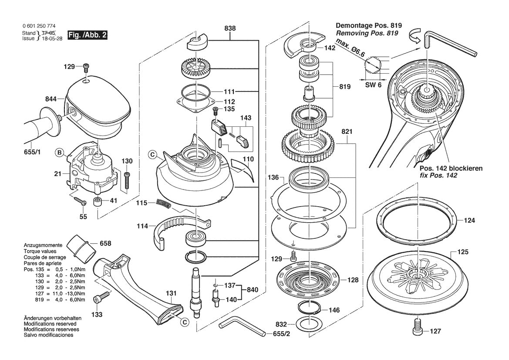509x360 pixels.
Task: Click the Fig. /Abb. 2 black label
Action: pyautogui.click(x=88, y=35)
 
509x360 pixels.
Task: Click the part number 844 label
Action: pyautogui.click(x=51, y=99)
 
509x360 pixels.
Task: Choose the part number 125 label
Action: pyautogui.click(x=463, y=252)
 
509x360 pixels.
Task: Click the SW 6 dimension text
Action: pyautogui.click(x=373, y=85)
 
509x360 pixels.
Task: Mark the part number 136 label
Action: pyautogui.click(x=273, y=177)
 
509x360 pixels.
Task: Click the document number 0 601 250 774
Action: pyautogui.click(x=38, y=27)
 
